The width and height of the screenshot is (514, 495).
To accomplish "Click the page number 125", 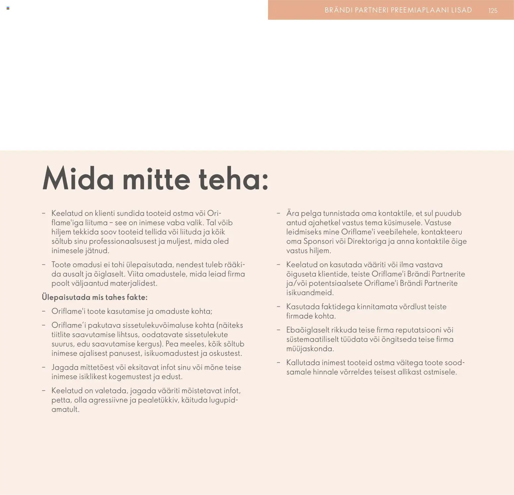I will [493, 11].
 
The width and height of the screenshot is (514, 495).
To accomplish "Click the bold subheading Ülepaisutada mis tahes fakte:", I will [95, 297].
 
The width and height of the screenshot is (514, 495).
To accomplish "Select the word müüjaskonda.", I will [310, 349].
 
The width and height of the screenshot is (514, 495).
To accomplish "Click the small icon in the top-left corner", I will [8, 8].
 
